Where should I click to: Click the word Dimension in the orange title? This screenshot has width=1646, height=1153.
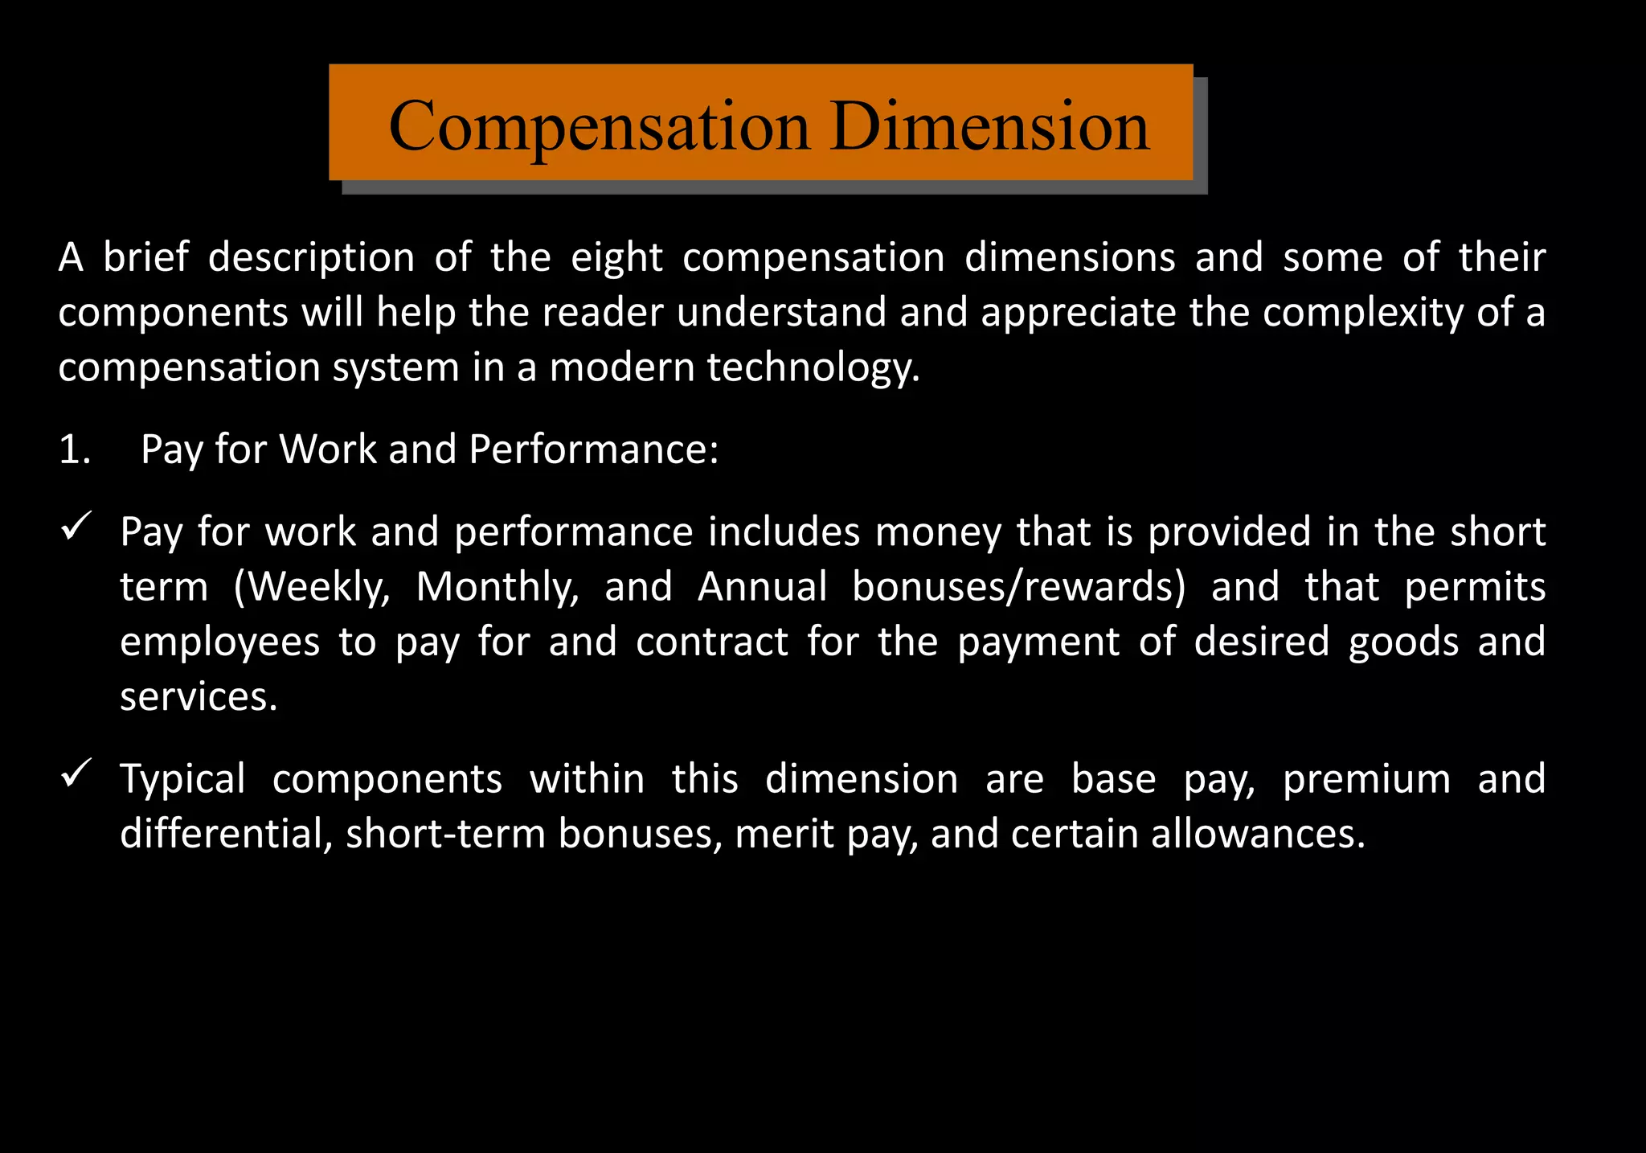(x=990, y=126)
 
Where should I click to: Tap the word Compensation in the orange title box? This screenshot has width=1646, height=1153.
(x=599, y=126)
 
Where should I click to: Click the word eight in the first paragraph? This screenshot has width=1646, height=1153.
(x=616, y=258)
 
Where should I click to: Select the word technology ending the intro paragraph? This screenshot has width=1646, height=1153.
(x=813, y=368)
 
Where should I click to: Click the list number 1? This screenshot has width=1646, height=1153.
(x=74, y=449)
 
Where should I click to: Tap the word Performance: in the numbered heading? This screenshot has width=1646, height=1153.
(x=593, y=449)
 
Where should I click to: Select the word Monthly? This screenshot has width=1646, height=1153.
(x=497, y=587)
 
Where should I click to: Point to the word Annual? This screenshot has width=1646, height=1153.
(x=762, y=587)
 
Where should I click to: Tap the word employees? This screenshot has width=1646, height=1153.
(x=219, y=642)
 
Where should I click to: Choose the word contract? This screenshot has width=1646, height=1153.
(x=711, y=642)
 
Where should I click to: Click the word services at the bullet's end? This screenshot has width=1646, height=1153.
(x=198, y=697)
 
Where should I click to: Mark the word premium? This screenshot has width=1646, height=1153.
(x=1366, y=780)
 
